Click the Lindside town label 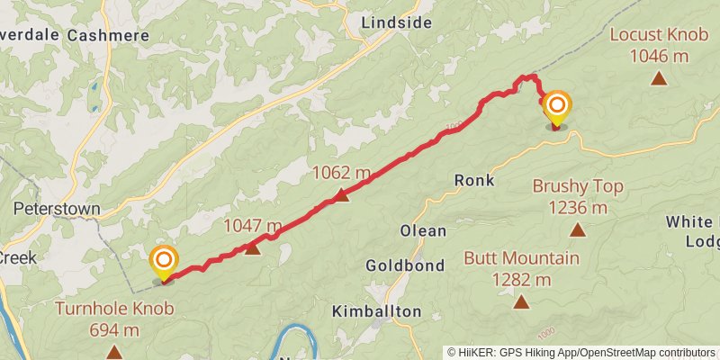[395, 23]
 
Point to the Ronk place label [474, 180]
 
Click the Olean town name [422, 230]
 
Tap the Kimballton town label [376, 311]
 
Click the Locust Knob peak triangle [660, 79]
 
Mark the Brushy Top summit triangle [577, 229]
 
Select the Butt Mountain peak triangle [521, 301]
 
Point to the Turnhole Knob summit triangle [113, 351]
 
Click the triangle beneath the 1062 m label [341, 194]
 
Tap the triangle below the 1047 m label [253, 247]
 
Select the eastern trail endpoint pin [556, 109]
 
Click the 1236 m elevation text [577, 208]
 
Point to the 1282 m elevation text [521, 280]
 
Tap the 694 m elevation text [114, 329]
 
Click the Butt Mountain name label [521, 258]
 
